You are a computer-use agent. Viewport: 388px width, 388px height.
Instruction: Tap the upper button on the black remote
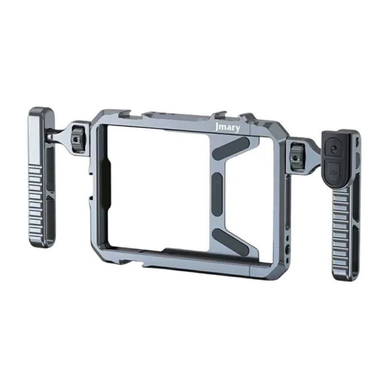(333, 149)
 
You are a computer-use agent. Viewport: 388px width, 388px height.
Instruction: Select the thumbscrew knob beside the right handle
(295, 154)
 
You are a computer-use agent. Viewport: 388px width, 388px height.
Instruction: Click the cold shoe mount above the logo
(219, 116)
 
